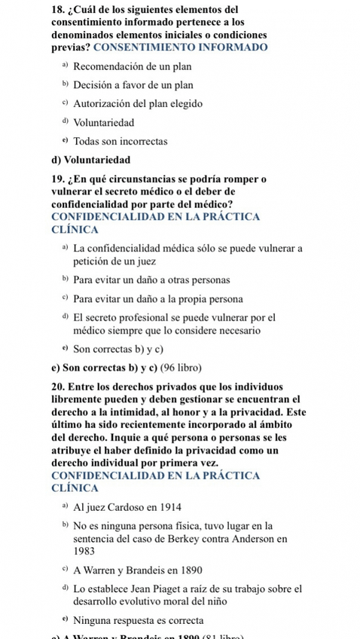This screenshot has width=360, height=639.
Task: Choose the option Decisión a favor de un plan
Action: pos(133,85)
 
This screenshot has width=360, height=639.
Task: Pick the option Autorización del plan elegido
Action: pos(138,103)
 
